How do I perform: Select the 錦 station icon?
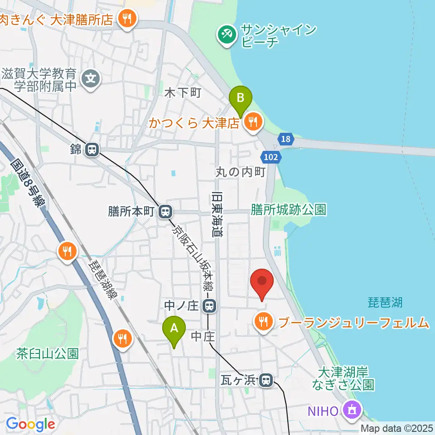[x=92, y=149]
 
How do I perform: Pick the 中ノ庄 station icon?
[x=209, y=307]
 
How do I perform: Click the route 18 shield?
[x=285, y=139]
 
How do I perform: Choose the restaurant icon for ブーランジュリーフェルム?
[x=263, y=322]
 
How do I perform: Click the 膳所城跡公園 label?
[x=289, y=209]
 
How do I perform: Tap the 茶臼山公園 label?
[x=48, y=352]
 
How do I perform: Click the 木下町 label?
[x=182, y=93]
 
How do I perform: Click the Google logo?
[x=30, y=425]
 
